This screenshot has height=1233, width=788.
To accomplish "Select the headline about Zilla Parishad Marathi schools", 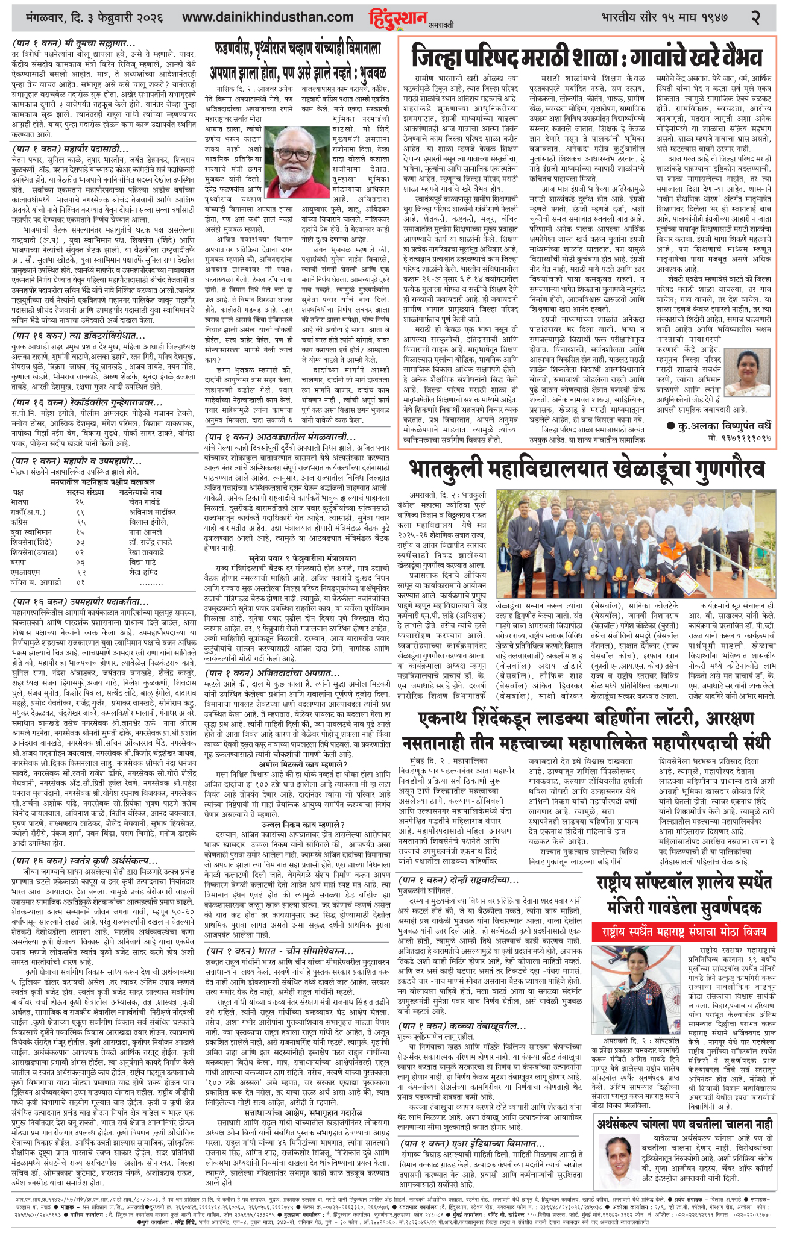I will [587, 58].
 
